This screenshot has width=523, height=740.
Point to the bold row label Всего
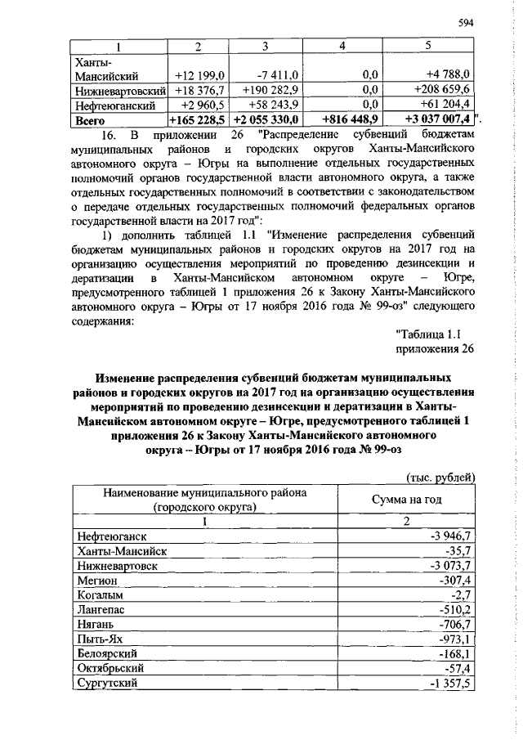click(89, 119)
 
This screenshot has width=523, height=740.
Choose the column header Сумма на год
click(406, 499)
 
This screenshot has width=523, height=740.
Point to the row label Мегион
click(96, 579)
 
